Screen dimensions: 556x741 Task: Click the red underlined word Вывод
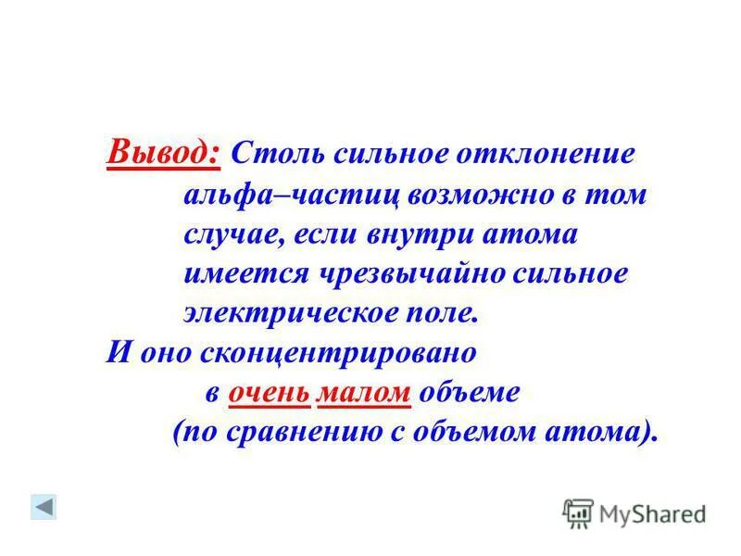coord(164,150)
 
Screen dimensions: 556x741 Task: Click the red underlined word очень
coord(270,393)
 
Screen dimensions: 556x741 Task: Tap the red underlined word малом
coord(364,393)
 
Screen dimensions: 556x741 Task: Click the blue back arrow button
coord(44,506)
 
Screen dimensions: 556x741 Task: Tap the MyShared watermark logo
coord(634,512)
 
